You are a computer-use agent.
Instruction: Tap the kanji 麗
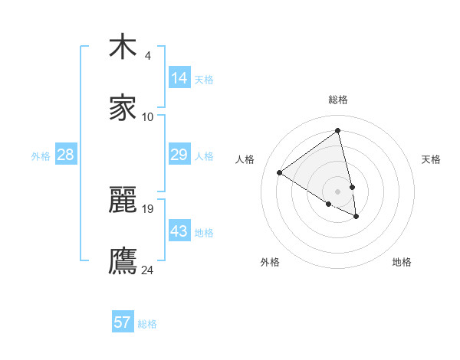click(x=123, y=201)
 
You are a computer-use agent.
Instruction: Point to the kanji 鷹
click(x=123, y=260)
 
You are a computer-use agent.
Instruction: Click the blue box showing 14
click(x=179, y=78)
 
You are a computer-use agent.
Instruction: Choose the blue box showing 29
click(x=179, y=155)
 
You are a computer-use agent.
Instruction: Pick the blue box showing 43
click(x=179, y=231)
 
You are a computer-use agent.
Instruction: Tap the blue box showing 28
click(x=66, y=155)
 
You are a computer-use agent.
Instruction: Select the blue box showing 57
click(x=123, y=322)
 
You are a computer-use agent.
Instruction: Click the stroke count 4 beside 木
click(x=148, y=56)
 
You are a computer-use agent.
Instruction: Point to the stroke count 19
click(x=148, y=208)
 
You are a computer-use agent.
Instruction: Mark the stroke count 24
click(x=148, y=269)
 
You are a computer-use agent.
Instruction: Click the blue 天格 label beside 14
click(x=204, y=80)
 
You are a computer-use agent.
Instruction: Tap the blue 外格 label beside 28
click(x=41, y=156)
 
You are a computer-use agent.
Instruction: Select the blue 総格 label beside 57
click(x=147, y=324)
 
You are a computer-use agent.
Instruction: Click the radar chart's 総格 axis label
click(x=338, y=100)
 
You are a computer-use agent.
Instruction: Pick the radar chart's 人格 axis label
click(x=245, y=159)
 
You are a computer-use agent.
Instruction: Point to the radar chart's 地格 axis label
click(x=402, y=262)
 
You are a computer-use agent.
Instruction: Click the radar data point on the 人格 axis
click(x=280, y=172)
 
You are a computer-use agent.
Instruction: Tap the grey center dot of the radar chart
click(x=338, y=191)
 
